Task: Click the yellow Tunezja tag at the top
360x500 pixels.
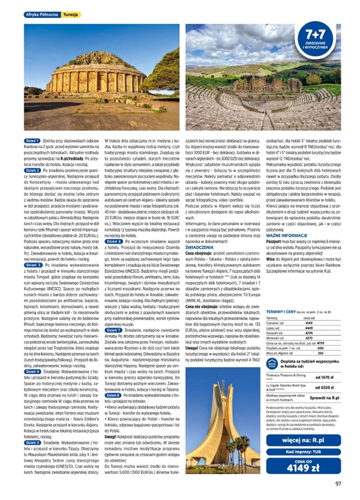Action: coord(71,15)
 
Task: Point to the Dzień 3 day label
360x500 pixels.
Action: coord(33,265)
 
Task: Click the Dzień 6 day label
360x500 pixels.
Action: coord(113,242)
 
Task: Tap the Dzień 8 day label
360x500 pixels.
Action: coord(113,395)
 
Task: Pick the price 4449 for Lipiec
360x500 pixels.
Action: coord(309,327)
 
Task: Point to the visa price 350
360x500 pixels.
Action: coord(320,353)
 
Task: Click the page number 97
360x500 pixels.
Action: coord(338,484)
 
